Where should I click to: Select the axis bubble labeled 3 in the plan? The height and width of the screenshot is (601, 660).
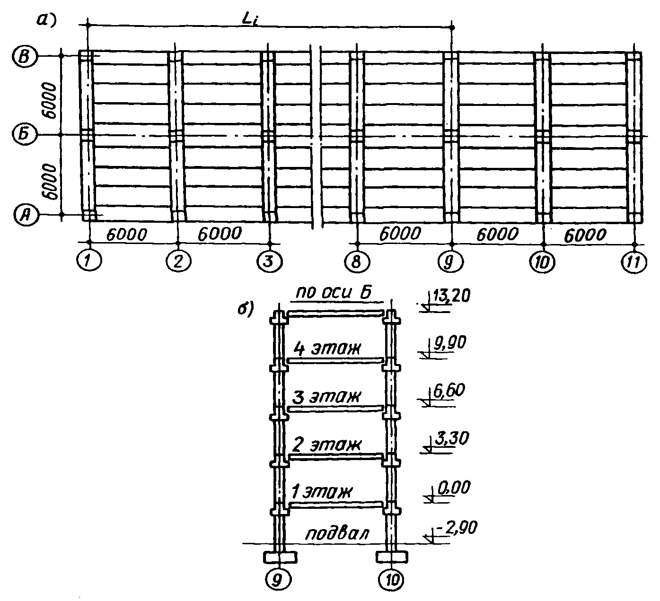[270, 261]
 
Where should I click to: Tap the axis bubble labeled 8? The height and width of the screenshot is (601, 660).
[357, 261]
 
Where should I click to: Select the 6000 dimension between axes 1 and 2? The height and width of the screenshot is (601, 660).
[126, 234]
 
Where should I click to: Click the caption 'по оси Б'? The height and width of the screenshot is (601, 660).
[334, 294]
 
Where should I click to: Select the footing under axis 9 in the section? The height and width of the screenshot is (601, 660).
[280, 557]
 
